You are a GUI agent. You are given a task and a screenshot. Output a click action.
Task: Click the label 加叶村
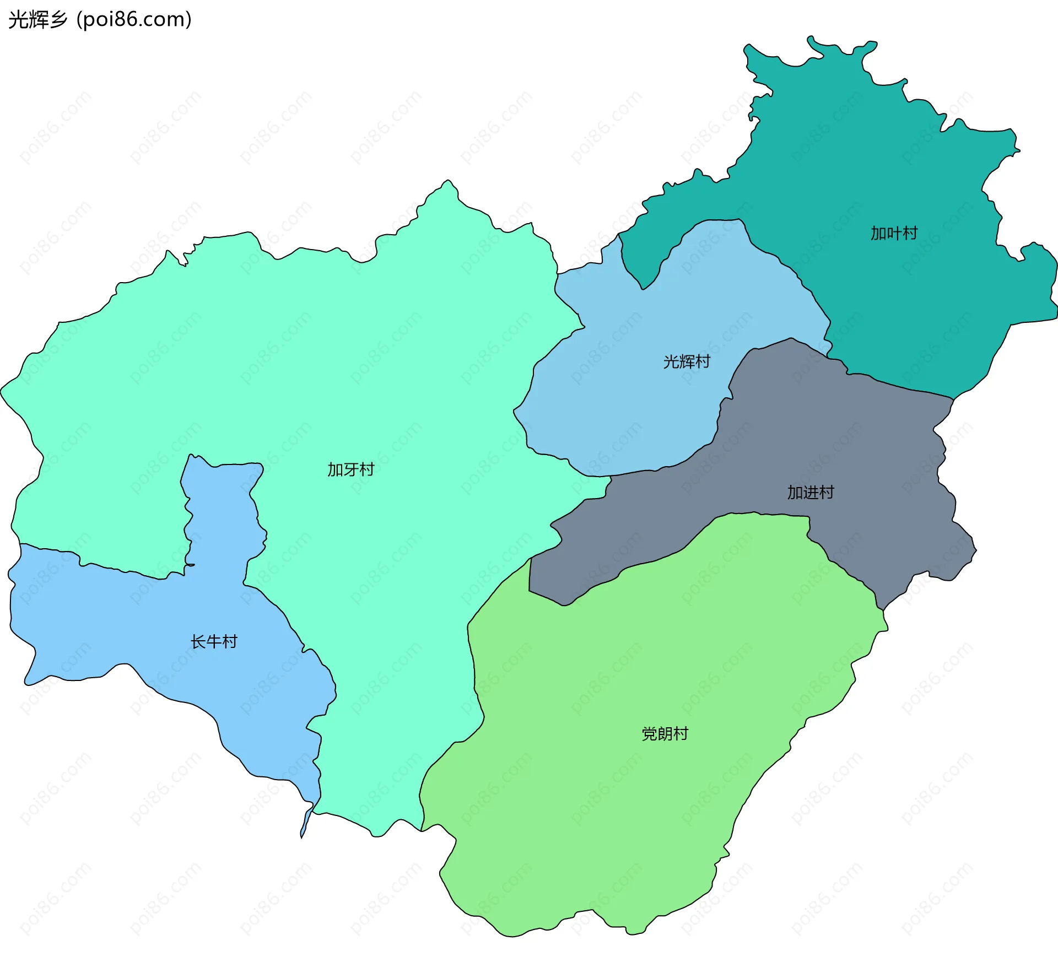coord(894,233)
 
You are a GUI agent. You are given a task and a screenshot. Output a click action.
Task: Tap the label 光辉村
coord(687,361)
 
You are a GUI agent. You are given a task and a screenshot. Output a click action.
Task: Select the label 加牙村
coord(351,469)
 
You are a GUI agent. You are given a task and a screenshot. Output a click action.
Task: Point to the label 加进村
coord(811,492)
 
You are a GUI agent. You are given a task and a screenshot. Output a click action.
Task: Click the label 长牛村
coord(214,641)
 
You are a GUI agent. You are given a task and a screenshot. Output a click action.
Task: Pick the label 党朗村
coord(665,733)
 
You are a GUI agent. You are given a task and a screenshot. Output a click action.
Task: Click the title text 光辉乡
coord(37,19)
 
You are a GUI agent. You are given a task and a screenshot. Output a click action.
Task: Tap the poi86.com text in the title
coord(134,19)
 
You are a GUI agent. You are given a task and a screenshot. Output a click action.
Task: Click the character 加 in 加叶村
coord(878,233)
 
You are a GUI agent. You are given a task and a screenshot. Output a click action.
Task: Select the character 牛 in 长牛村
coord(214,641)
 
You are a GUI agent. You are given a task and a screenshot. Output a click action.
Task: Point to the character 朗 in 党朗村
coord(665,733)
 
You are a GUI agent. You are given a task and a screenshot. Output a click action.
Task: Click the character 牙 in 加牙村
coord(351,469)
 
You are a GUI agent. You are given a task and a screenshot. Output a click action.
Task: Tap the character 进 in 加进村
coord(811,492)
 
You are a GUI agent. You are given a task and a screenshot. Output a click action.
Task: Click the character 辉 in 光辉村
coord(687,361)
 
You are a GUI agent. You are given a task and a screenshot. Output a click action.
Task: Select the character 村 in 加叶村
coord(910,233)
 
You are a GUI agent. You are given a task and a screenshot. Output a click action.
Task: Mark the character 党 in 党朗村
coord(650,733)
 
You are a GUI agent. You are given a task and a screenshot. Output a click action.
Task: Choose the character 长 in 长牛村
coord(198,641)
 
